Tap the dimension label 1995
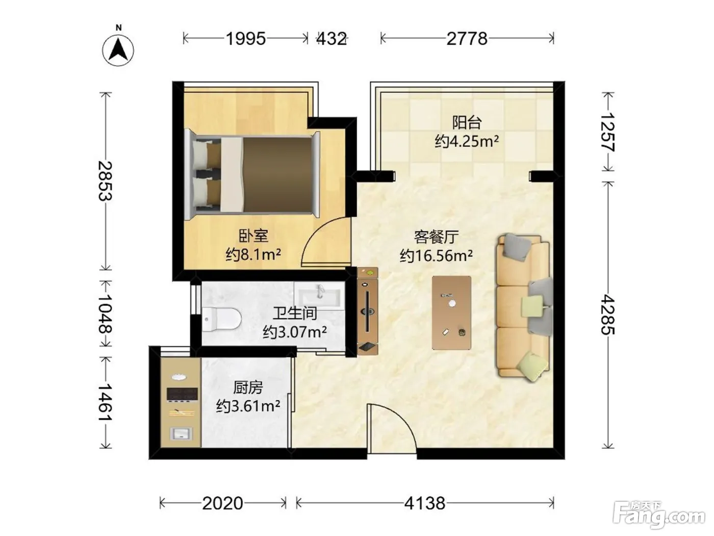[x=246, y=39]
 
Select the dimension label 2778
[x=467, y=39]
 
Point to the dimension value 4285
[x=607, y=314]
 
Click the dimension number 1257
[x=607, y=132]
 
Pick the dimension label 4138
[x=424, y=503]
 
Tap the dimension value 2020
[x=222, y=503]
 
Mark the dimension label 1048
[x=105, y=314]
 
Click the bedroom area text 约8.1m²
[x=253, y=255]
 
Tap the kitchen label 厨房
[x=248, y=387]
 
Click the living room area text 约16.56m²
[x=436, y=255]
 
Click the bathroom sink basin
[x=319, y=296]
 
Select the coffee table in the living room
[x=451, y=313]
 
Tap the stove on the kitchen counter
[x=182, y=394]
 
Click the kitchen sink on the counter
[x=182, y=434]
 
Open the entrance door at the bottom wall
[x=392, y=428]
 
